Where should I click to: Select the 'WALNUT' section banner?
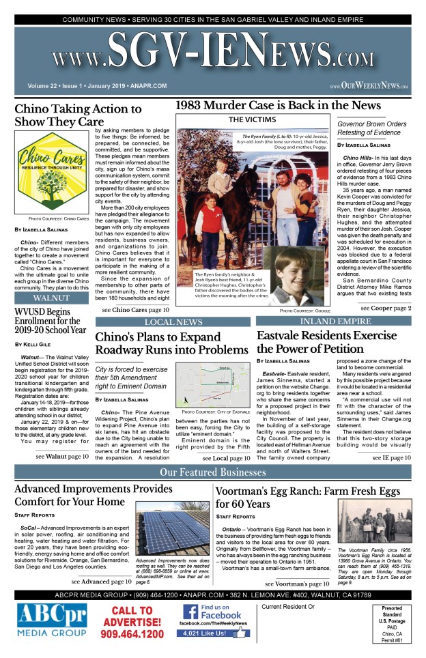[53, 298]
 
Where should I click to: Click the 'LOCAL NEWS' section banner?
[173, 321]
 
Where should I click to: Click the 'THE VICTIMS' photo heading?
[255, 121]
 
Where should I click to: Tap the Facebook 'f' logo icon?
[190, 612]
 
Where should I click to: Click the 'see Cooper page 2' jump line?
[386, 309]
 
